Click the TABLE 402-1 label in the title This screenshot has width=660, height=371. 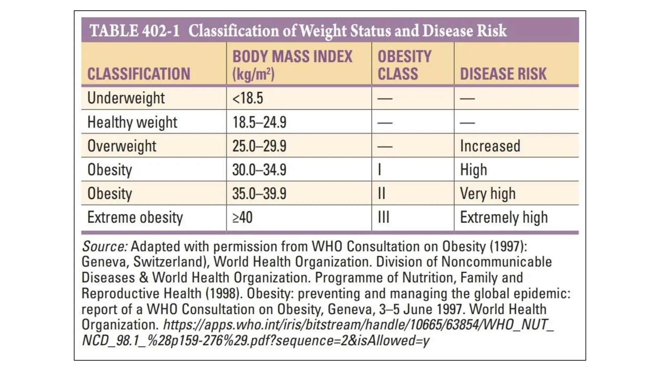pos(134,31)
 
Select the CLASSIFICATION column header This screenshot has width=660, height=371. pos(139,74)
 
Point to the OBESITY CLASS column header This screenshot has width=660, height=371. pos(404,65)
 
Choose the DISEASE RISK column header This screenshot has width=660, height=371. pos(503,74)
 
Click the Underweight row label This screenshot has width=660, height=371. pos(126,98)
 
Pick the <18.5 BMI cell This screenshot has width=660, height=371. pos(247,98)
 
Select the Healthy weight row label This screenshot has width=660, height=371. pos(132,122)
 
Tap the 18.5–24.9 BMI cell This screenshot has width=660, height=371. pos(259,122)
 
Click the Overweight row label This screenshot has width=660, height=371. pos(122,146)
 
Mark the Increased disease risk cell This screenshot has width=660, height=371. pos(490,146)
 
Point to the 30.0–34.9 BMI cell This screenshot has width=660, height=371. pos(259,170)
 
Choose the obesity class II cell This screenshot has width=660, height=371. pos(381,194)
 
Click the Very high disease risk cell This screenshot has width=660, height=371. pos(488,194)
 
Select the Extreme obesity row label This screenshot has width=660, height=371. pos(135,217)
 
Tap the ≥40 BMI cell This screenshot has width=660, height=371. pos(242,217)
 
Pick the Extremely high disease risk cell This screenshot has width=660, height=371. pos(504,217)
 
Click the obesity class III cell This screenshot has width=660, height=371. pos(383,217)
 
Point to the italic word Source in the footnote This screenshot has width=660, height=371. pos(105,247)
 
